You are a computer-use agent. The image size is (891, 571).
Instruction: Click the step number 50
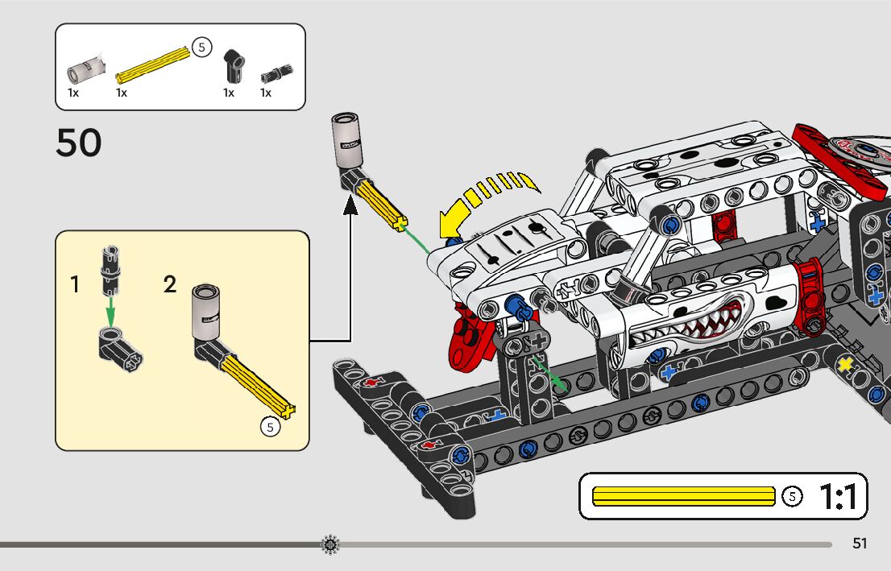click(79, 143)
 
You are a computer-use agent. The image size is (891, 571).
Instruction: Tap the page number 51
click(860, 544)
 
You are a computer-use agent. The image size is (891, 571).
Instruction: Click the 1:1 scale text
click(838, 497)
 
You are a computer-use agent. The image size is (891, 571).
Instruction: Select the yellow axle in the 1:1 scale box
click(683, 496)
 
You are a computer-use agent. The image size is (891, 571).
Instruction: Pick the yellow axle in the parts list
click(153, 65)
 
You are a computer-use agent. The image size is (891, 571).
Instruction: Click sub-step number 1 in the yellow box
click(75, 284)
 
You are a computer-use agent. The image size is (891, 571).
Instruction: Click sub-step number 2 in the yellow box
click(169, 284)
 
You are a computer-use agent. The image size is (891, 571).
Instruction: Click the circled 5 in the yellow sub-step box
click(271, 428)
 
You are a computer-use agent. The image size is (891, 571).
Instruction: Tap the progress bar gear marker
click(330, 545)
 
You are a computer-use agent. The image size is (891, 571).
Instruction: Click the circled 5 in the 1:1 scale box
click(793, 497)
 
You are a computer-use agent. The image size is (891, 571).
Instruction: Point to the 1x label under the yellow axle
click(122, 93)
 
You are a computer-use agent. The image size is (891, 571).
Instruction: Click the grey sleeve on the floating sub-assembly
click(346, 142)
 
